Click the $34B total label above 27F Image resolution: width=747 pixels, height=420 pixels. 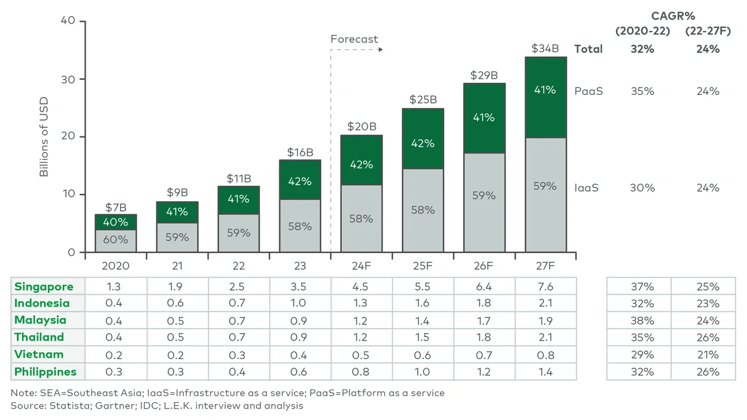[545, 48]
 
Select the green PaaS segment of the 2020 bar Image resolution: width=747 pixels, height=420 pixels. [115, 222]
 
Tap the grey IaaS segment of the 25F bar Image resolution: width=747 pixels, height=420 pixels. [422, 210]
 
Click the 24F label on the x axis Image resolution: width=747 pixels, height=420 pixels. [361, 266]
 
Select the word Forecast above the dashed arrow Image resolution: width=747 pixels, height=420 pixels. [354, 40]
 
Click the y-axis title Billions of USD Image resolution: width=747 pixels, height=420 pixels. [44, 137]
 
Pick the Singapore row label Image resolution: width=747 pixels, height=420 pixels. [44, 287]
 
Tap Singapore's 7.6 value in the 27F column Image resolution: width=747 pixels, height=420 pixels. [545, 287]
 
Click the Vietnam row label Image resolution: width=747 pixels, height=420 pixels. [39, 354]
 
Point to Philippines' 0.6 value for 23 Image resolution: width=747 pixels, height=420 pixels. [299, 372]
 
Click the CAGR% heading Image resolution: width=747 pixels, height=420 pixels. [673, 16]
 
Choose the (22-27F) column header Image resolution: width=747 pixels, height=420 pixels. [707, 31]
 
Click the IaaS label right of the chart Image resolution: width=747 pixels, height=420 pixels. [587, 188]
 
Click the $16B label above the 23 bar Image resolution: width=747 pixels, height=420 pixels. [299, 152]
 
